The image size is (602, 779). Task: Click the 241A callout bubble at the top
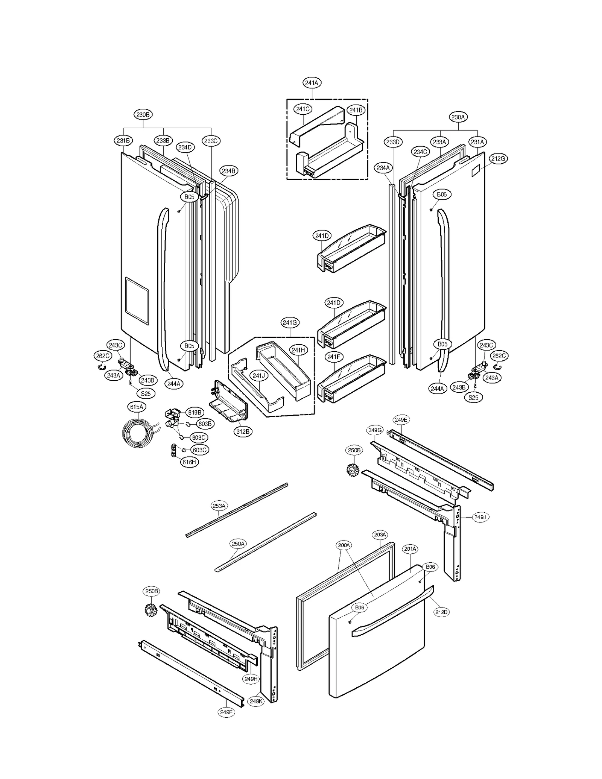312,83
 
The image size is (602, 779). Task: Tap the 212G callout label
498,159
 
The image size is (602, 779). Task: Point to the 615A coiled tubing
137,434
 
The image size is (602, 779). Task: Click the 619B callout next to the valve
195,413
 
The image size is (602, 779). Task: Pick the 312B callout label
243,431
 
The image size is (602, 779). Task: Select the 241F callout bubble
333,357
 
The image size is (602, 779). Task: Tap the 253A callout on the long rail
219,506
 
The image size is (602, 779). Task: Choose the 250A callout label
238,544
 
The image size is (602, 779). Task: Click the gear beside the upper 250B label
353,470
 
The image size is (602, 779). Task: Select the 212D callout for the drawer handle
441,612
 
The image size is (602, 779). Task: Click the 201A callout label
410,549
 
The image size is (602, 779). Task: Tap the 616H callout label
189,462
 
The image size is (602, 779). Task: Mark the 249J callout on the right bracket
480,517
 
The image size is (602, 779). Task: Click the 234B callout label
228,171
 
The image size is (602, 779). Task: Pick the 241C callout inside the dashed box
303,109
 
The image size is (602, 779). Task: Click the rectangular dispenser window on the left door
137,301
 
